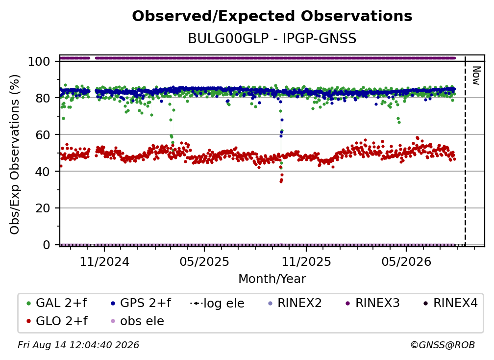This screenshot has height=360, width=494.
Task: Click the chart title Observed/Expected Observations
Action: (272, 16)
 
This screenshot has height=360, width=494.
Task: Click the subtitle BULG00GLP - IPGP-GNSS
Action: (272, 39)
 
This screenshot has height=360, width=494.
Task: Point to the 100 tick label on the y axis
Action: (39, 61)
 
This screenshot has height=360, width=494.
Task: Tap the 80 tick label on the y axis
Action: (43, 98)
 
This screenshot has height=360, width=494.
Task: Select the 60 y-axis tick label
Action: (43, 135)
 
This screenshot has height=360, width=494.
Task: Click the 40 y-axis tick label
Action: (43, 172)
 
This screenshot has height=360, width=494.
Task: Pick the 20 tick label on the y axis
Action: (43, 208)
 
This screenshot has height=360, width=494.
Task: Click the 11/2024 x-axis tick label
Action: (104, 262)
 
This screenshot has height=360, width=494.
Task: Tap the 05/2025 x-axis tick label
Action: (204, 262)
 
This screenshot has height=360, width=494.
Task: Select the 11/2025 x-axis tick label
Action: (306, 262)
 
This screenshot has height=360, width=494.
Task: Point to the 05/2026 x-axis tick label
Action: (406, 262)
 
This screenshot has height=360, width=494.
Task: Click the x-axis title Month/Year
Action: (272, 279)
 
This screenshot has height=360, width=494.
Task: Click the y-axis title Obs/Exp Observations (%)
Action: (15, 154)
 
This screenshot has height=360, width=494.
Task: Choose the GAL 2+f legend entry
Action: (57, 303)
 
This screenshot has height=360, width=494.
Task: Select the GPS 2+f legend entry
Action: (141, 303)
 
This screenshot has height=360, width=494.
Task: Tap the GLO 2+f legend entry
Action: (57, 321)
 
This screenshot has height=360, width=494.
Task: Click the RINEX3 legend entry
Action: (372, 303)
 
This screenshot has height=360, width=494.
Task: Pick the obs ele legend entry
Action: (136, 321)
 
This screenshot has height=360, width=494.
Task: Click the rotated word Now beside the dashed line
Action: (476, 76)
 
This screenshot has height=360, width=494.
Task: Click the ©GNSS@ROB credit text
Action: (443, 345)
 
